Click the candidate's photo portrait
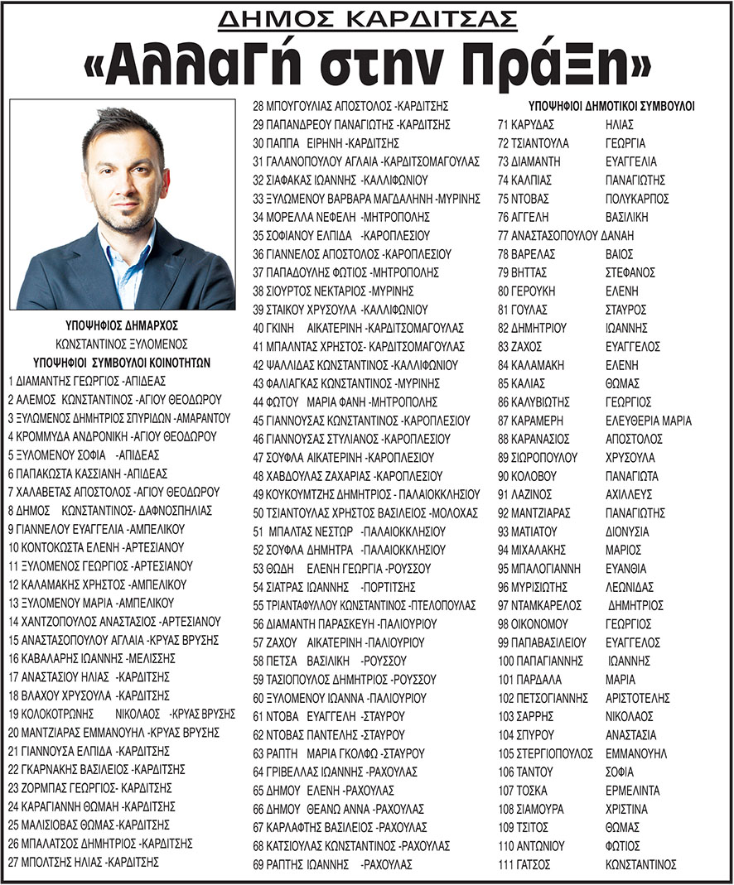coord(123,204)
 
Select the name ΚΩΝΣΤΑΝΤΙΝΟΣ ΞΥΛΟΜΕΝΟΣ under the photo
coord(122,344)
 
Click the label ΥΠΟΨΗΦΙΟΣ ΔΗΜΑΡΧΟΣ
coord(122,325)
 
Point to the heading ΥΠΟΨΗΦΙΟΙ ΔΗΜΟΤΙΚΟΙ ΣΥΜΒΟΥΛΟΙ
coord(611,106)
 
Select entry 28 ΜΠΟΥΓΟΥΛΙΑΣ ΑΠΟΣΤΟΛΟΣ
coord(350,106)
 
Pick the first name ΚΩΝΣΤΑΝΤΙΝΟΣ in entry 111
coord(641,865)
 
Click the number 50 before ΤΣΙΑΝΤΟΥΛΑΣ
coord(258,513)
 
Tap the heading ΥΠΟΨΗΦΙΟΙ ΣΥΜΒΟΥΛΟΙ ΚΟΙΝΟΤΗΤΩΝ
coord(122,363)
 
